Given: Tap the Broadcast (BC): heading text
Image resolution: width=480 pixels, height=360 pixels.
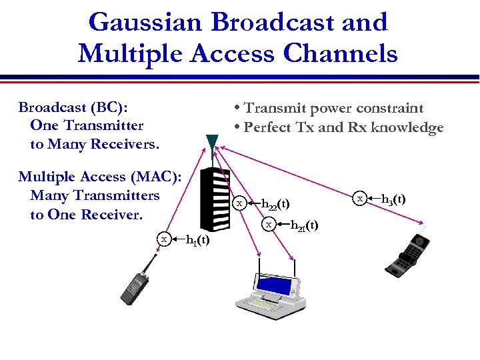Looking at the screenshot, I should (x=73, y=107).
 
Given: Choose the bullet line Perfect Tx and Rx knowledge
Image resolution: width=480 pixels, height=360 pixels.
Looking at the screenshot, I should (x=337, y=127).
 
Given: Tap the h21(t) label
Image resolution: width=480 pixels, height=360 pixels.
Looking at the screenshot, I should (x=304, y=225).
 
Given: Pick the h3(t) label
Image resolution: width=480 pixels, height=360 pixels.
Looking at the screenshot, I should (x=393, y=199).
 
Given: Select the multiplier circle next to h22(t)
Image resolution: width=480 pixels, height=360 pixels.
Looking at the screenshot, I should (x=240, y=203).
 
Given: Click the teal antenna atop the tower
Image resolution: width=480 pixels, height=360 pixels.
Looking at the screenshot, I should (x=212, y=144).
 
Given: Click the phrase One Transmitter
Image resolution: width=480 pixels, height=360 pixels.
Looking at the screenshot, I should (x=87, y=125).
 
